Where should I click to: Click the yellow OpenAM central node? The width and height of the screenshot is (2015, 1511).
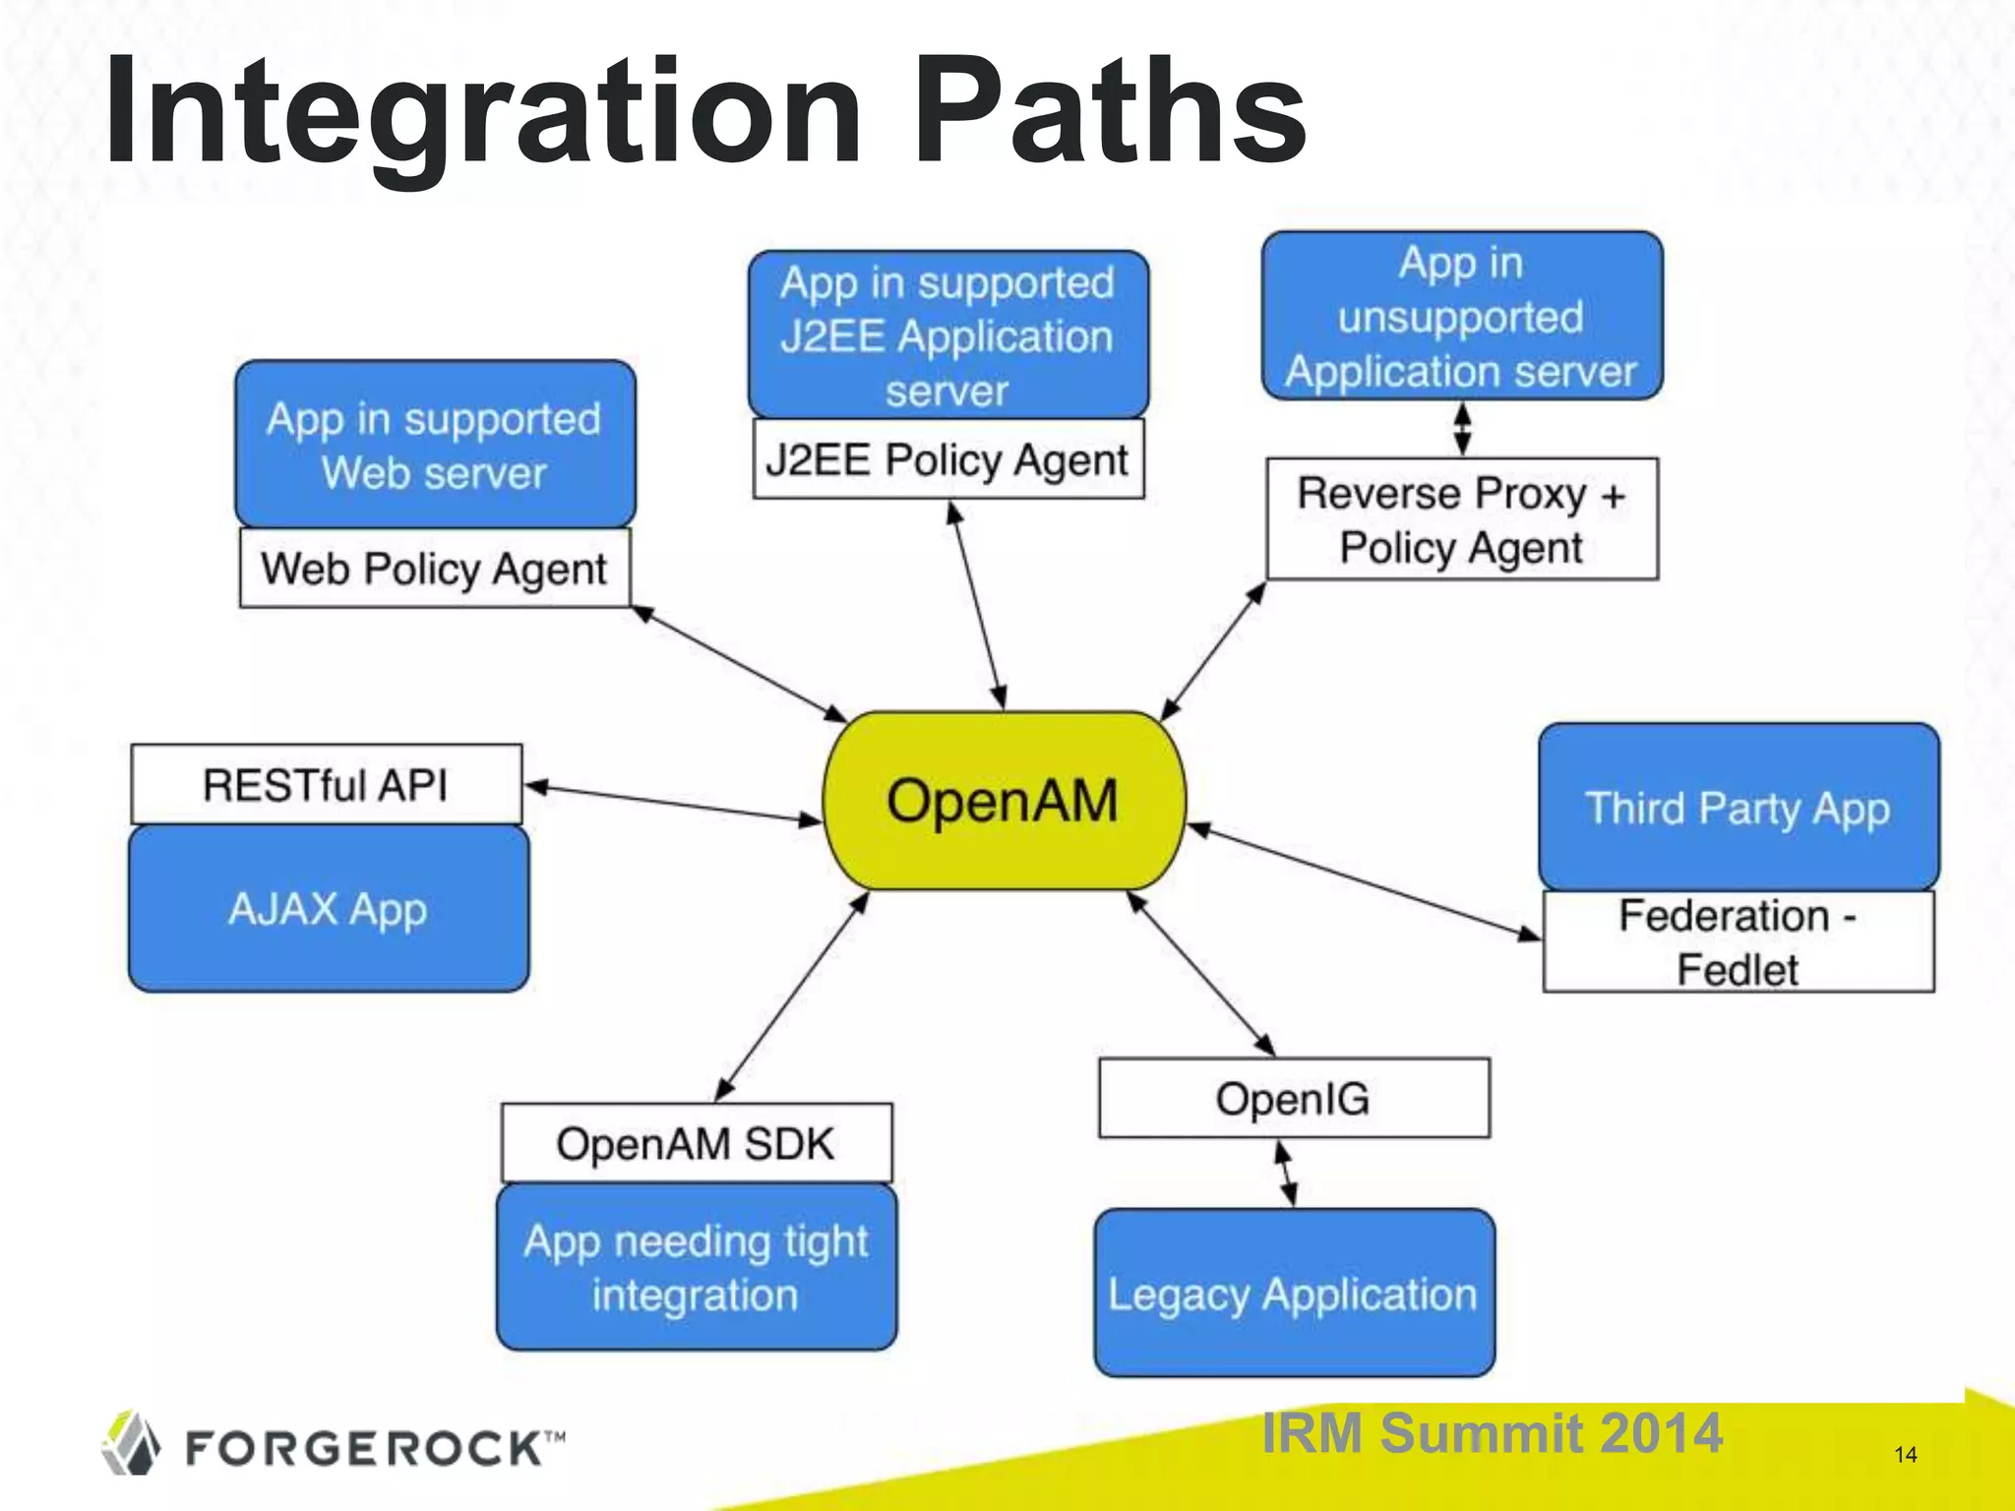click(1004, 801)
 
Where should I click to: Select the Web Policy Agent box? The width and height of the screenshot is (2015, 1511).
click(434, 569)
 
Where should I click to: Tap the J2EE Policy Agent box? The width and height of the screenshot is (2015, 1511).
click(947, 459)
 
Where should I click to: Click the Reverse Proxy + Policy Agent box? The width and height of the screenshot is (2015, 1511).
click(1462, 519)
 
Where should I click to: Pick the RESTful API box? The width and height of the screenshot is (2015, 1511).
click(326, 785)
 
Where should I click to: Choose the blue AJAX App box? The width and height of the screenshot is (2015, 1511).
click(328, 908)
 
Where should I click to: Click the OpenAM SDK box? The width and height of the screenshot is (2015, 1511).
click(696, 1143)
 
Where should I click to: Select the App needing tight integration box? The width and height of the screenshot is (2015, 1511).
click(696, 1267)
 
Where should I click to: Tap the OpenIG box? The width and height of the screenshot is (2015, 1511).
click(1294, 1098)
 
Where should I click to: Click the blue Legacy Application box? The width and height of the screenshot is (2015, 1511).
click(1294, 1293)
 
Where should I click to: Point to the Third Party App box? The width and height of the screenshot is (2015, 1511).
click(1739, 808)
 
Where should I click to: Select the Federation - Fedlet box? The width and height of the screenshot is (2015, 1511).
click(1739, 941)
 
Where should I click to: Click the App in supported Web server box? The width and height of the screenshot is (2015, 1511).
click(434, 445)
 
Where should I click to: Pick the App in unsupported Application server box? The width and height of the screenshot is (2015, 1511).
click(1462, 317)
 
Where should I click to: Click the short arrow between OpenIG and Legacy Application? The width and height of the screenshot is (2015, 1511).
click(1286, 1173)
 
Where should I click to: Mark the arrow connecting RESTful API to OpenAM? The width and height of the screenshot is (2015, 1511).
click(673, 803)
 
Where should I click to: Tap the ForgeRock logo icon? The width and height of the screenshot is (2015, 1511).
click(131, 1444)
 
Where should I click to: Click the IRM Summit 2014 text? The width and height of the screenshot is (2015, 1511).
click(1492, 1432)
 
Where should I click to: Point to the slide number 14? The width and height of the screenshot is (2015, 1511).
click(1905, 1455)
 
